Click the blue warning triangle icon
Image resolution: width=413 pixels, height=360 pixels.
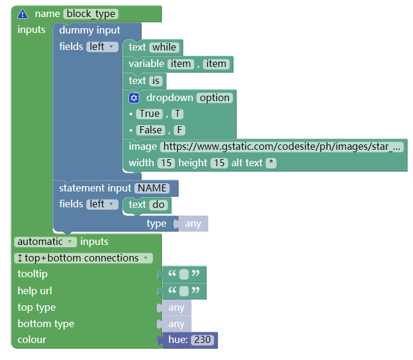tap(22, 14)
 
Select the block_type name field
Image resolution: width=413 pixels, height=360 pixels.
tap(91, 14)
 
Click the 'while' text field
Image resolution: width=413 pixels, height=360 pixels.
tap(164, 47)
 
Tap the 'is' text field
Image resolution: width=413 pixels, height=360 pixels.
tap(156, 80)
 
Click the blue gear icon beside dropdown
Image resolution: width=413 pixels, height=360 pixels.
tap(134, 98)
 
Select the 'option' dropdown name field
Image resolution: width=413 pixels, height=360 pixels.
tap(214, 98)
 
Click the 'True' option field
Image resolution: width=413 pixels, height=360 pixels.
tap(150, 114)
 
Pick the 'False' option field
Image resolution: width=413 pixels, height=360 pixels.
tap(151, 130)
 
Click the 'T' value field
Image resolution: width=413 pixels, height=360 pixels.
tap(177, 114)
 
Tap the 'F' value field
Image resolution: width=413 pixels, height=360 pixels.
tap(180, 130)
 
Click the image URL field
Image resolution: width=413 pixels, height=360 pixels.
tap(282, 146)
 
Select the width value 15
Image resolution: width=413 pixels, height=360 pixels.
tap(166, 163)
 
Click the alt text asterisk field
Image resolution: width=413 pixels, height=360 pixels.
tap(271, 163)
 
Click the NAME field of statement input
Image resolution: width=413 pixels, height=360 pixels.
tap(152, 189)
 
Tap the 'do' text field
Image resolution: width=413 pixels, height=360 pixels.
tap(158, 204)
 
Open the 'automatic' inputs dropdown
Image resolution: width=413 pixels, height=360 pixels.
tap(45, 242)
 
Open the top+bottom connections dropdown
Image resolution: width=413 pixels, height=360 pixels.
tap(83, 258)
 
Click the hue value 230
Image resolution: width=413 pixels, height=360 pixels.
tap(202, 339)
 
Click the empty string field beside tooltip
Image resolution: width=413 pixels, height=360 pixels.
tap(184, 274)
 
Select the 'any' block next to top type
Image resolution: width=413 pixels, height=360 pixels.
tap(177, 308)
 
